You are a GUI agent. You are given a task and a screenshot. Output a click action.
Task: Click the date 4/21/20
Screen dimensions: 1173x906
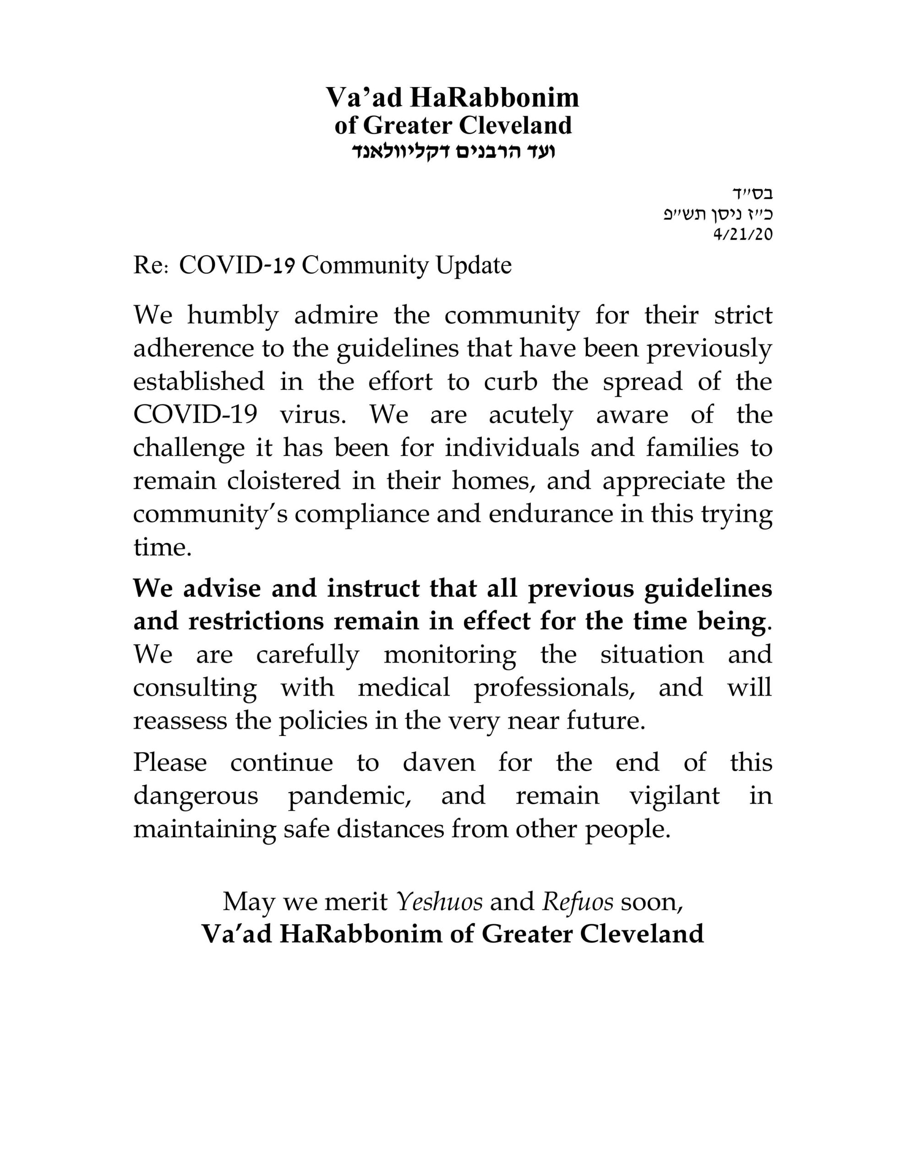point(742,234)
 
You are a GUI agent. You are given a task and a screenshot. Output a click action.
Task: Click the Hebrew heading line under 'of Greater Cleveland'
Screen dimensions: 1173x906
point(453,151)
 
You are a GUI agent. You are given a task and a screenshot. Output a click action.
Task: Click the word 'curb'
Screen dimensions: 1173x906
point(510,381)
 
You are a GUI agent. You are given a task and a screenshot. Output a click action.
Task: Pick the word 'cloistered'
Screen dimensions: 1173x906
point(284,480)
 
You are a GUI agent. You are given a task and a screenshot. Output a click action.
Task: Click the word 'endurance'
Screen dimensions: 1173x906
point(550,514)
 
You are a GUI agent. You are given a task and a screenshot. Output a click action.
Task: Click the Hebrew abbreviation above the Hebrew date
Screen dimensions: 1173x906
point(753,193)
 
